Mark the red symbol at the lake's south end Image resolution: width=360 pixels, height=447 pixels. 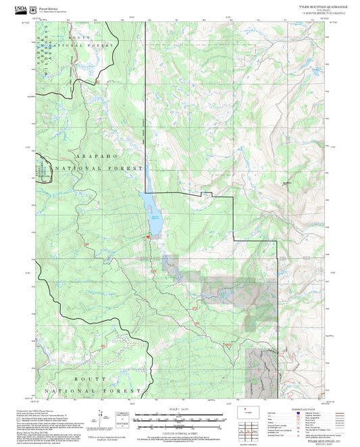[148, 237]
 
